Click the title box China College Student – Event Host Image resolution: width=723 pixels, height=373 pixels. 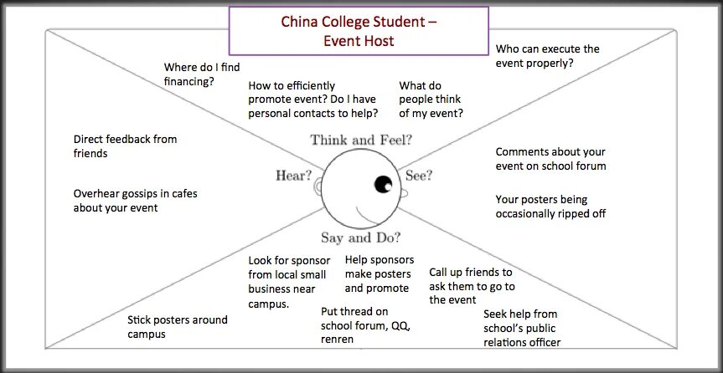(x=359, y=31)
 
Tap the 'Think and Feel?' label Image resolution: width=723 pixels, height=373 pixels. (x=361, y=140)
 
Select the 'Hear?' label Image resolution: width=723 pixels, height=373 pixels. (x=294, y=175)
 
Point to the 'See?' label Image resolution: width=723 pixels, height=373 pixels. (x=419, y=176)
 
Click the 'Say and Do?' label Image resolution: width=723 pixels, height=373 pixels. (x=360, y=237)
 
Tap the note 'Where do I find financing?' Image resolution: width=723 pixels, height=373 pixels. (x=200, y=74)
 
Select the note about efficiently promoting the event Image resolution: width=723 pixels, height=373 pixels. (x=312, y=100)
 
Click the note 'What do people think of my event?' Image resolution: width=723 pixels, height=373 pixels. (x=431, y=100)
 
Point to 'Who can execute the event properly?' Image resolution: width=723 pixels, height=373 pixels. (x=547, y=55)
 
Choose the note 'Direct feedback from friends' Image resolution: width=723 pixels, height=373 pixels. (x=125, y=146)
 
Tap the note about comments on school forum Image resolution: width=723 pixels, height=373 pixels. (x=550, y=159)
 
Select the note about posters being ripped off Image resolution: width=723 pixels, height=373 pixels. (x=550, y=207)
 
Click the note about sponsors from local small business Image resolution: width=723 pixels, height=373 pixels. (x=289, y=282)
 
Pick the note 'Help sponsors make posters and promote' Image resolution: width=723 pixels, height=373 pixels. (x=380, y=274)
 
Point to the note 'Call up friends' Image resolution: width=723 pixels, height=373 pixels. (x=471, y=286)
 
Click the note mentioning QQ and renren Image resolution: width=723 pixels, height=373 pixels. (x=365, y=325)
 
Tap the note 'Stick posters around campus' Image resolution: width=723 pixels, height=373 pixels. (x=177, y=327)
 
